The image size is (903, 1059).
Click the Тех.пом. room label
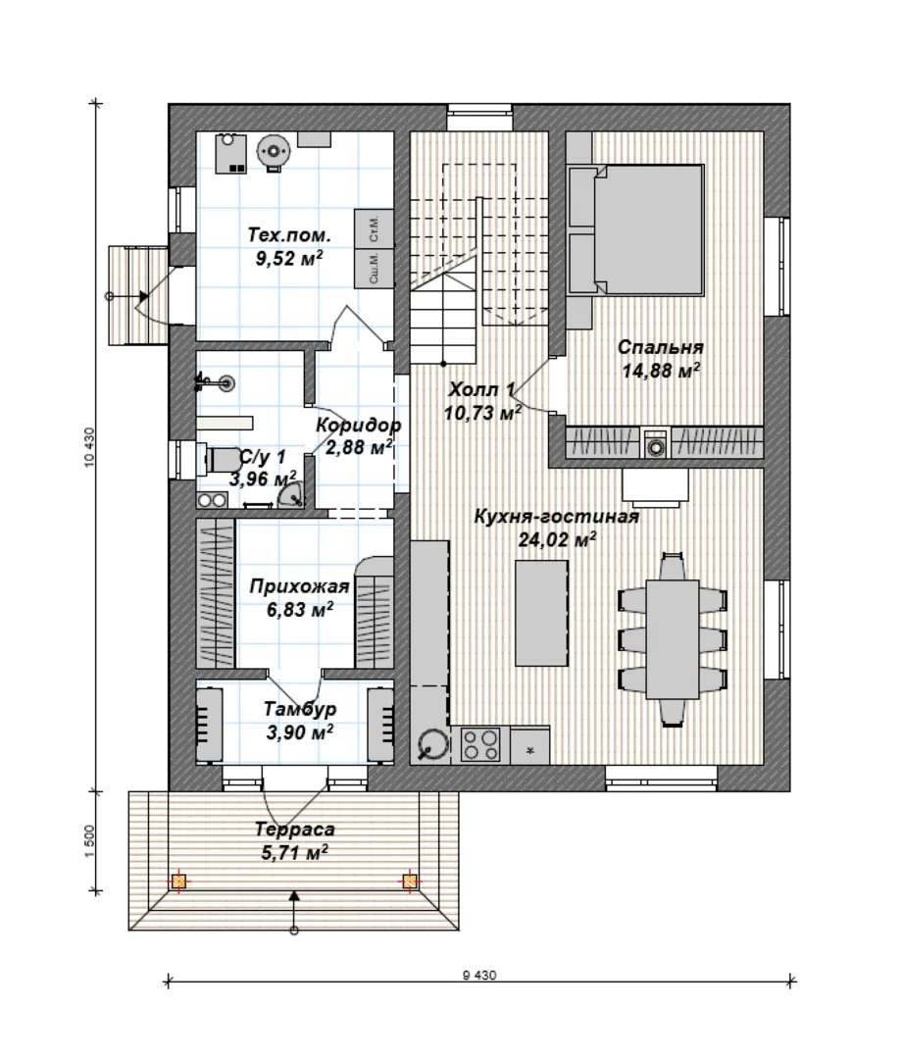(289, 235)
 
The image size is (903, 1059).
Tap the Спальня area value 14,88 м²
(661, 370)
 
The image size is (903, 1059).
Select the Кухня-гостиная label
(557, 517)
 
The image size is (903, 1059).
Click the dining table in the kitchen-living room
(672, 639)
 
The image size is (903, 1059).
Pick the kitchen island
(541, 613)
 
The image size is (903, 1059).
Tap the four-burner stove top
(480, 745)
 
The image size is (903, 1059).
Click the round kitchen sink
(432, 745)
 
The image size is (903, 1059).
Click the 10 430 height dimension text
(90, 447)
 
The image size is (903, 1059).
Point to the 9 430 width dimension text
(479, 976)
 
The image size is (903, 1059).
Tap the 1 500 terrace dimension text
(90, 841)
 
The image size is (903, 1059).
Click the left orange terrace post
(179, 882)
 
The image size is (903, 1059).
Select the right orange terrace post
(409, 882)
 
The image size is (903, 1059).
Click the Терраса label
(294, 830)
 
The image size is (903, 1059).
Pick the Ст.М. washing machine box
(375, 228)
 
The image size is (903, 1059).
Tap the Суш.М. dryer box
(375, 268)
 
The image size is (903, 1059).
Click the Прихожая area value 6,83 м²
(299, 610)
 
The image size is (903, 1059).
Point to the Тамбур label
(300, 709)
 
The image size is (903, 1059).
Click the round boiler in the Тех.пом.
(274, 151)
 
